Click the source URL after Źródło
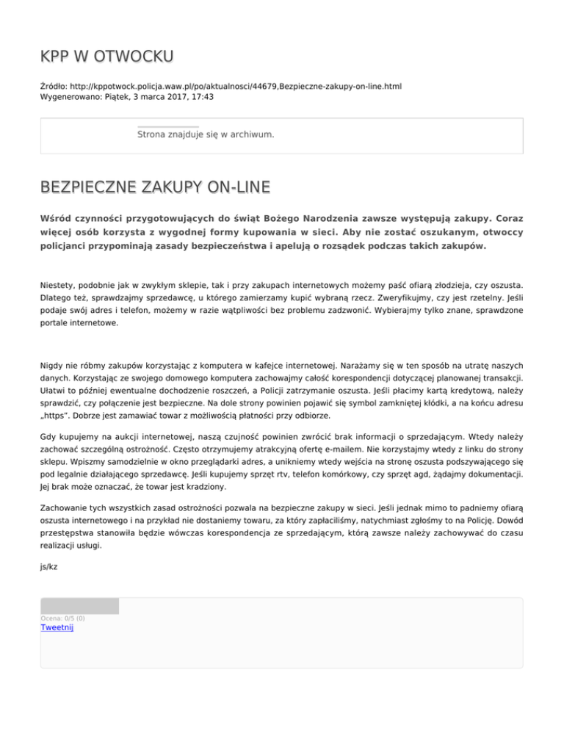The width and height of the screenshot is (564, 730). pyautogui.click(x=236, y=86)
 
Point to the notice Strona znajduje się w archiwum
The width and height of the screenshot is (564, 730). pyautogui.click(x=206, y=135)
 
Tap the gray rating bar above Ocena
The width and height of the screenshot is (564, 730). pyautogui.click(x=79, y=606)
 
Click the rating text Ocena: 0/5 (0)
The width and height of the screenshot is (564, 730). pyautogui.click(x=62, y=618)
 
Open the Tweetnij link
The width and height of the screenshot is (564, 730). pyautogui.click(x=57, y=627)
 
